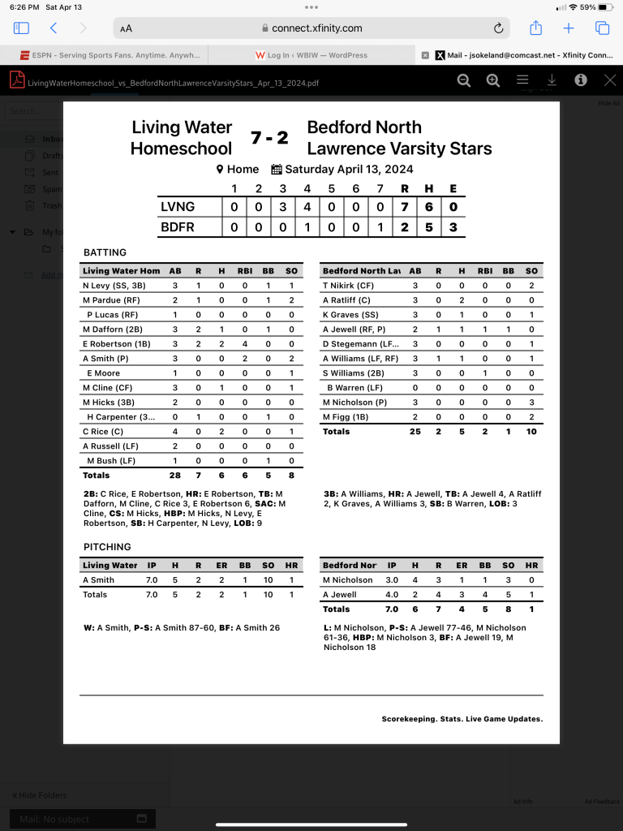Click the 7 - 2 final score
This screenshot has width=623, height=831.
[x=269, y=138]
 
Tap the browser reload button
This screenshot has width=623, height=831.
[x=498, y=28]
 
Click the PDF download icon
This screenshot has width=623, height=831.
[x=552, y=80]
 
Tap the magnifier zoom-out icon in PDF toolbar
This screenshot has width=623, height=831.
[x=464, y=80]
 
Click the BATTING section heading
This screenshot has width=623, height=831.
[x=105, y=252]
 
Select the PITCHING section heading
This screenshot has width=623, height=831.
[x=108, y=547]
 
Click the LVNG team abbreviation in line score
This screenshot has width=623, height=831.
[x=178, y=207]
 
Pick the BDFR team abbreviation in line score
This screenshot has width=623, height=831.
[x=178, y=227]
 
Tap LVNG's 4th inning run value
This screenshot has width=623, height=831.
[x=307, y=207]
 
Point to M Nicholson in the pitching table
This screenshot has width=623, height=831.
[x=348, y=580]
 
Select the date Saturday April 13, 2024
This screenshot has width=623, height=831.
[x=348, y=170]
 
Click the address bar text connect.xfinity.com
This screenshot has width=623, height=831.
[x=317, y=28]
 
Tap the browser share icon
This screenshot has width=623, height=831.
[x=535, y=28]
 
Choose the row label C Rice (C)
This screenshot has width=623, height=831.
[x=103, y=432]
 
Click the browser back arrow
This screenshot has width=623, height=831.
[x=54, y=28]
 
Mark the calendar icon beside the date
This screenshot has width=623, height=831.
[x=276, y=170]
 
